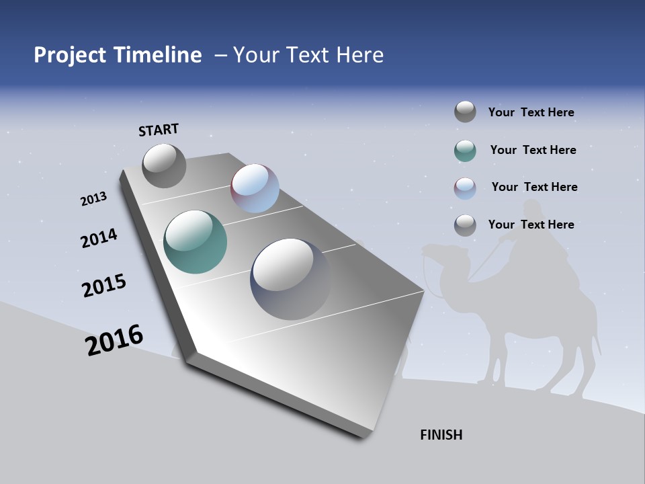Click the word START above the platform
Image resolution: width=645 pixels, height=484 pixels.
[x=159, y=129]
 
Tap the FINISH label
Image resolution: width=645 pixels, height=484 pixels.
[x=441, y=435]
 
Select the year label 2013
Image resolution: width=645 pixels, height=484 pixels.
[x=93, y=199]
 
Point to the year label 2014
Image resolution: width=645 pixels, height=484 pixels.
[x=99, y=238]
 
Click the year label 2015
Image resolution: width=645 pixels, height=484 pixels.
[x=103, y=286]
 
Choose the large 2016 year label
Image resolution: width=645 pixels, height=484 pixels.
[x=114, y=340]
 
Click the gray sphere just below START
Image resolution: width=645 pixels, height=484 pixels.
[x=164, y=166]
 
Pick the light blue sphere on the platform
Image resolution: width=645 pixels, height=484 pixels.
[x=255, y=188]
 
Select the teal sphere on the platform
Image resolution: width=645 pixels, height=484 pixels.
[x=195, y=242]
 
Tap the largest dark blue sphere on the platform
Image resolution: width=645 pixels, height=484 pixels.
[x=290, y=278]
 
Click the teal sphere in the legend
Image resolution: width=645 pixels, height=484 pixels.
[x=465, y=151]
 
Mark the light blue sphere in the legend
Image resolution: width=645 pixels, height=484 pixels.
[x=465, y=188]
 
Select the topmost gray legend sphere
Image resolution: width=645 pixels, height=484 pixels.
[x=465, y=112]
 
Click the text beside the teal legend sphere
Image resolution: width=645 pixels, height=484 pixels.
[x=533, y=150]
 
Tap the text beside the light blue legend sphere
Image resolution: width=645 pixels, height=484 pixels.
[x=534, y=187]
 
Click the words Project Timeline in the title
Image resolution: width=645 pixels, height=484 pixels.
[x=118, y=55]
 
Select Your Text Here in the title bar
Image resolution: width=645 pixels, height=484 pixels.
[x=308, y=55]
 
